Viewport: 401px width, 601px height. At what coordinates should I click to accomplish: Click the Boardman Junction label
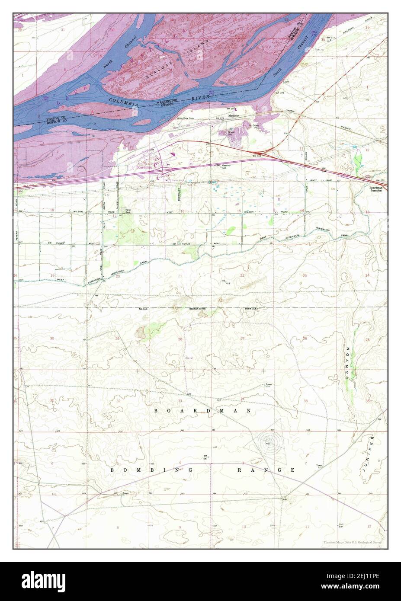coord(375,189)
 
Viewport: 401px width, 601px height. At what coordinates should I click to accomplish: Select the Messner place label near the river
coord(222,121)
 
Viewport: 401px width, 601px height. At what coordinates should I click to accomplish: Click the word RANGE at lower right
coord(267,469)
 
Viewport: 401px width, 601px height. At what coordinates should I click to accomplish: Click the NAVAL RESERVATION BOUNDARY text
coord(200,308)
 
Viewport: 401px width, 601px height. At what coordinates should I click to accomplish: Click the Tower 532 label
coord(268,385)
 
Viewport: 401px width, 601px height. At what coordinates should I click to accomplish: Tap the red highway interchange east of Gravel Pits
coord(269,150)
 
